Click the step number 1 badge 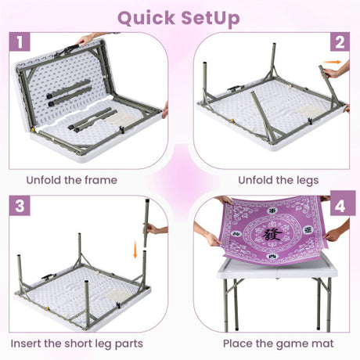pyautogui.click(x=20, y=41)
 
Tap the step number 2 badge pyautogui.click(x=340, y=41)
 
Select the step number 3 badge pyautogui.click(x=20, y=206)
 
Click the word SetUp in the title pyautogui.click(x=211, y=18)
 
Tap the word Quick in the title pyautogui.click(x=146, y=18)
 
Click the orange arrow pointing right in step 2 pyautogui.click(x=332, y=62)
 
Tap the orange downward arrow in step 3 pyautogui.click(x=135, y=249)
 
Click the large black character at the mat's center pyautogui.click(x=272, y=234)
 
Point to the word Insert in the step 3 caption pyautogui.click(x=26, y=344)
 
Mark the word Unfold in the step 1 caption pyautogui.click(x=41, y=180)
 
